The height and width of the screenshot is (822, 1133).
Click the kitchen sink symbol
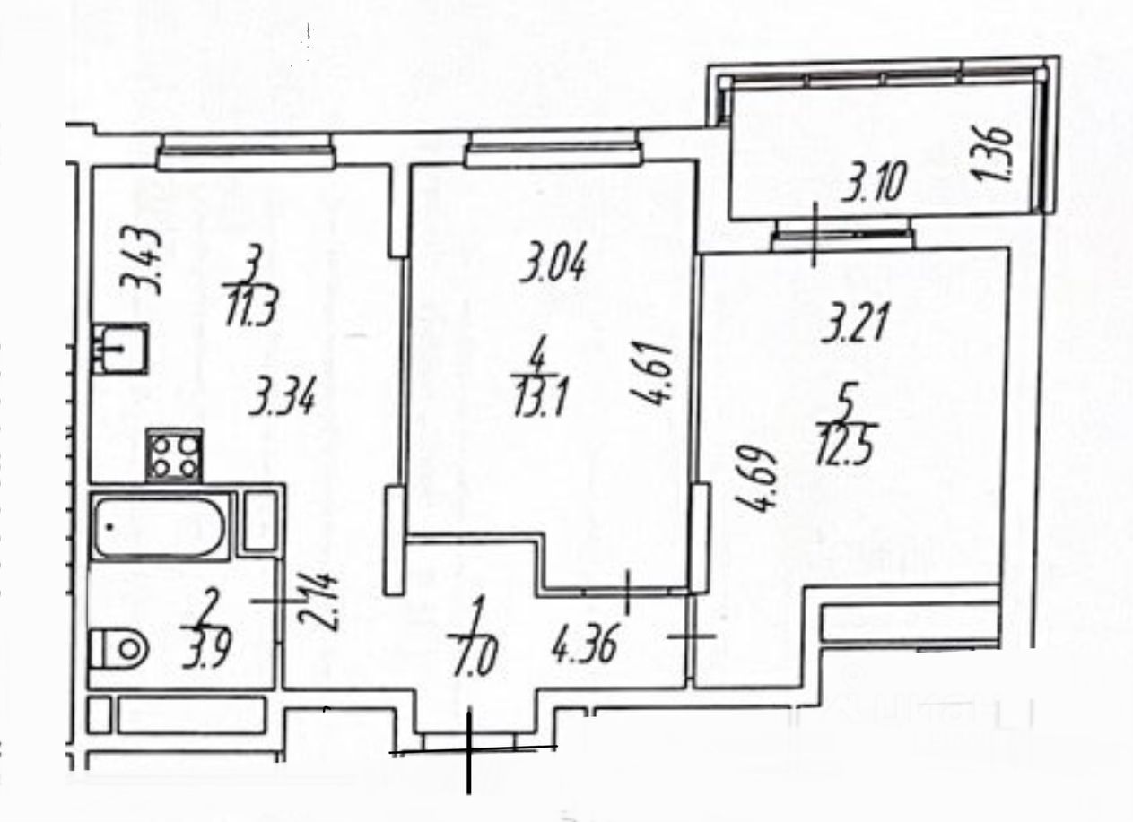tap(120, 348)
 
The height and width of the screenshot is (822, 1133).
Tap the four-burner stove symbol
tap(174, 455)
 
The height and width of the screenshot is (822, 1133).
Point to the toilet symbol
tap(118, 645)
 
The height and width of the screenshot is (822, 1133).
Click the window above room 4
tap(551, 149)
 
